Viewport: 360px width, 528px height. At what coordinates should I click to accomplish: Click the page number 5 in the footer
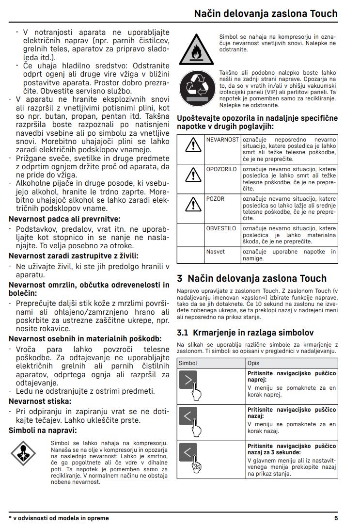pos(336,518)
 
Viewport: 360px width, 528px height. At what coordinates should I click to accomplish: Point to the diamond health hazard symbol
pos(24,454)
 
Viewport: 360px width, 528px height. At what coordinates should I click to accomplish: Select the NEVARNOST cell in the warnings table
pos(222,140)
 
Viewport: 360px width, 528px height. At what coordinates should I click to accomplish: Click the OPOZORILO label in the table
pos(221,169)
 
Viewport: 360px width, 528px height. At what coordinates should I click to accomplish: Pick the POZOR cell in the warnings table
pos(216,199)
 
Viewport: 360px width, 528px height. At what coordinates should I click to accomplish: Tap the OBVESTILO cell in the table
pos(221,228)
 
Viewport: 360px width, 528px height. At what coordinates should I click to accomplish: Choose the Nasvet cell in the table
pos(216,252)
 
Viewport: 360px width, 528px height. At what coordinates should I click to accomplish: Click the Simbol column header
pos(188,363)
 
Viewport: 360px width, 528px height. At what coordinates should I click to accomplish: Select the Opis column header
pos(253,363)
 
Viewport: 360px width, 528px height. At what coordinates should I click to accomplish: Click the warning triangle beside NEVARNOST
pos(193,144)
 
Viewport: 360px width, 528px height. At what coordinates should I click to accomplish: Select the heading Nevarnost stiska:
pos(40,401)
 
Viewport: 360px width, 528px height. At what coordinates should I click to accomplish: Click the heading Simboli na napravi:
pos(43,430)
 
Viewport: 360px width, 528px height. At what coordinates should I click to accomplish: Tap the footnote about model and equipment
pos(59,518)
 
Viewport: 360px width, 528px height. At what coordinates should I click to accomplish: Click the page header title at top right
pos(266,13)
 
